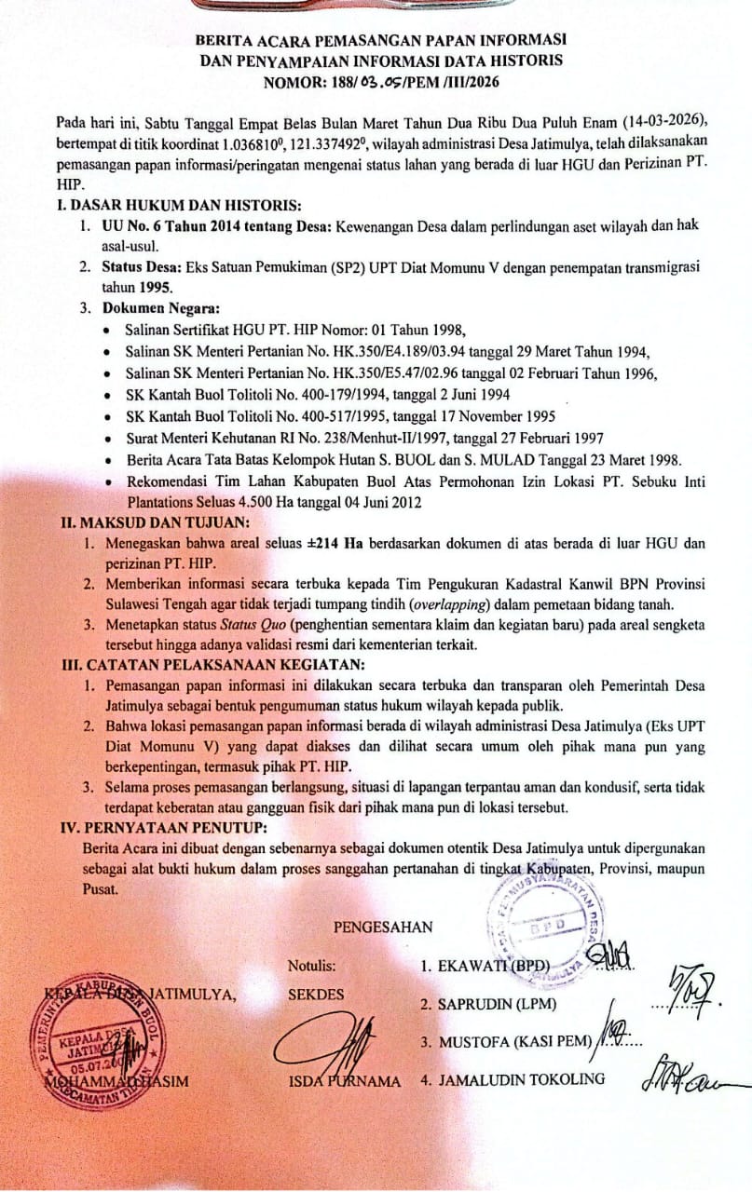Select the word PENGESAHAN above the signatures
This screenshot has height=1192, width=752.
pyautogui.click(x=383, y=927)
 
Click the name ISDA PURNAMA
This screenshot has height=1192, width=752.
pyautogui.click(x=345, y=1081)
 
